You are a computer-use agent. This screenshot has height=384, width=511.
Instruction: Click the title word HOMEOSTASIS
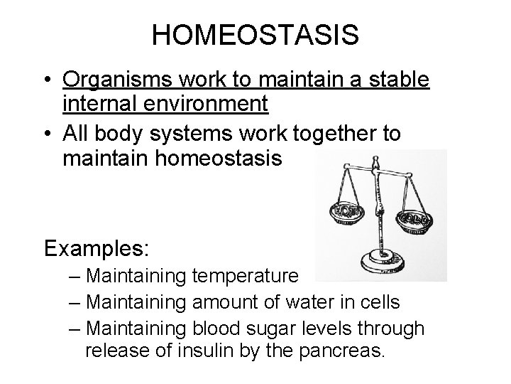point(255,35)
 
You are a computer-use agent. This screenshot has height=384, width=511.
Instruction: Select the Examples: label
point(97,249)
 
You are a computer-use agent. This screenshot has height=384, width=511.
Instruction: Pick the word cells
point(378,303)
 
